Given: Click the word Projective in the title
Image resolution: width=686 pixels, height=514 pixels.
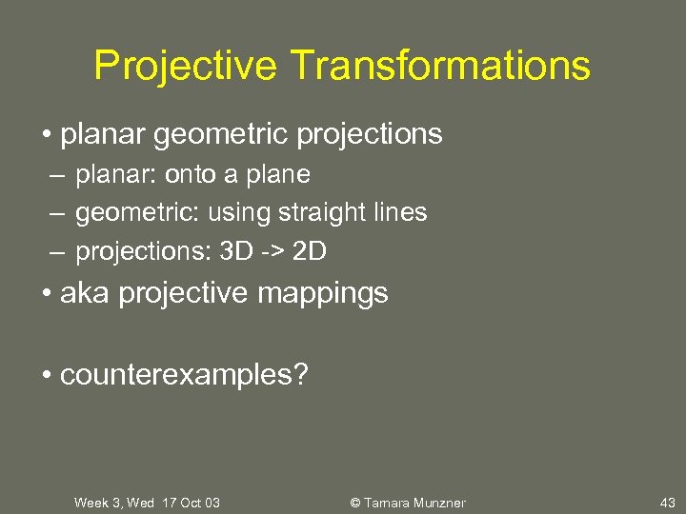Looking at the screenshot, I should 187,66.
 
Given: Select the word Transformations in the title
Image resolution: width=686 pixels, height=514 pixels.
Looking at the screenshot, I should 440,66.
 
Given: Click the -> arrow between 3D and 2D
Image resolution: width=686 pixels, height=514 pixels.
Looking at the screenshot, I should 273,251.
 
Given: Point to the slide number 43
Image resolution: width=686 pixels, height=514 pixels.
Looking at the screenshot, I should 667,503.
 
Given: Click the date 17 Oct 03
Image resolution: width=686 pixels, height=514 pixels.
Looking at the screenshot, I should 191,503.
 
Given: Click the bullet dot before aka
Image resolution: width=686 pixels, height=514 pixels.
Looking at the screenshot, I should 47,293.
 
